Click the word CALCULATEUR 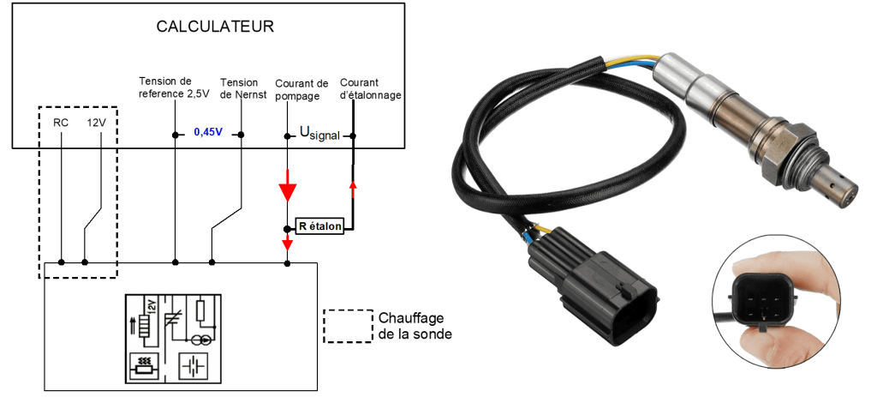[x=214, y=27]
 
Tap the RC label [x=61, y=123]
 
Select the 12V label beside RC [x=97, y=123]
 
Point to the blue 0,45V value [x=208, y=133]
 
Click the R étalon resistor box [x=319, y=227]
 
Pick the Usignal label [x=319, y=135]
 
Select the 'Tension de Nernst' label [x=239, y=88]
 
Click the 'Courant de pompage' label [x=301, y=89]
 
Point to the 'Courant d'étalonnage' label [x=370, y=89]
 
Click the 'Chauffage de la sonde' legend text [x=415, y=326]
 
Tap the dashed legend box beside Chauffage [x=349, y=326]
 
